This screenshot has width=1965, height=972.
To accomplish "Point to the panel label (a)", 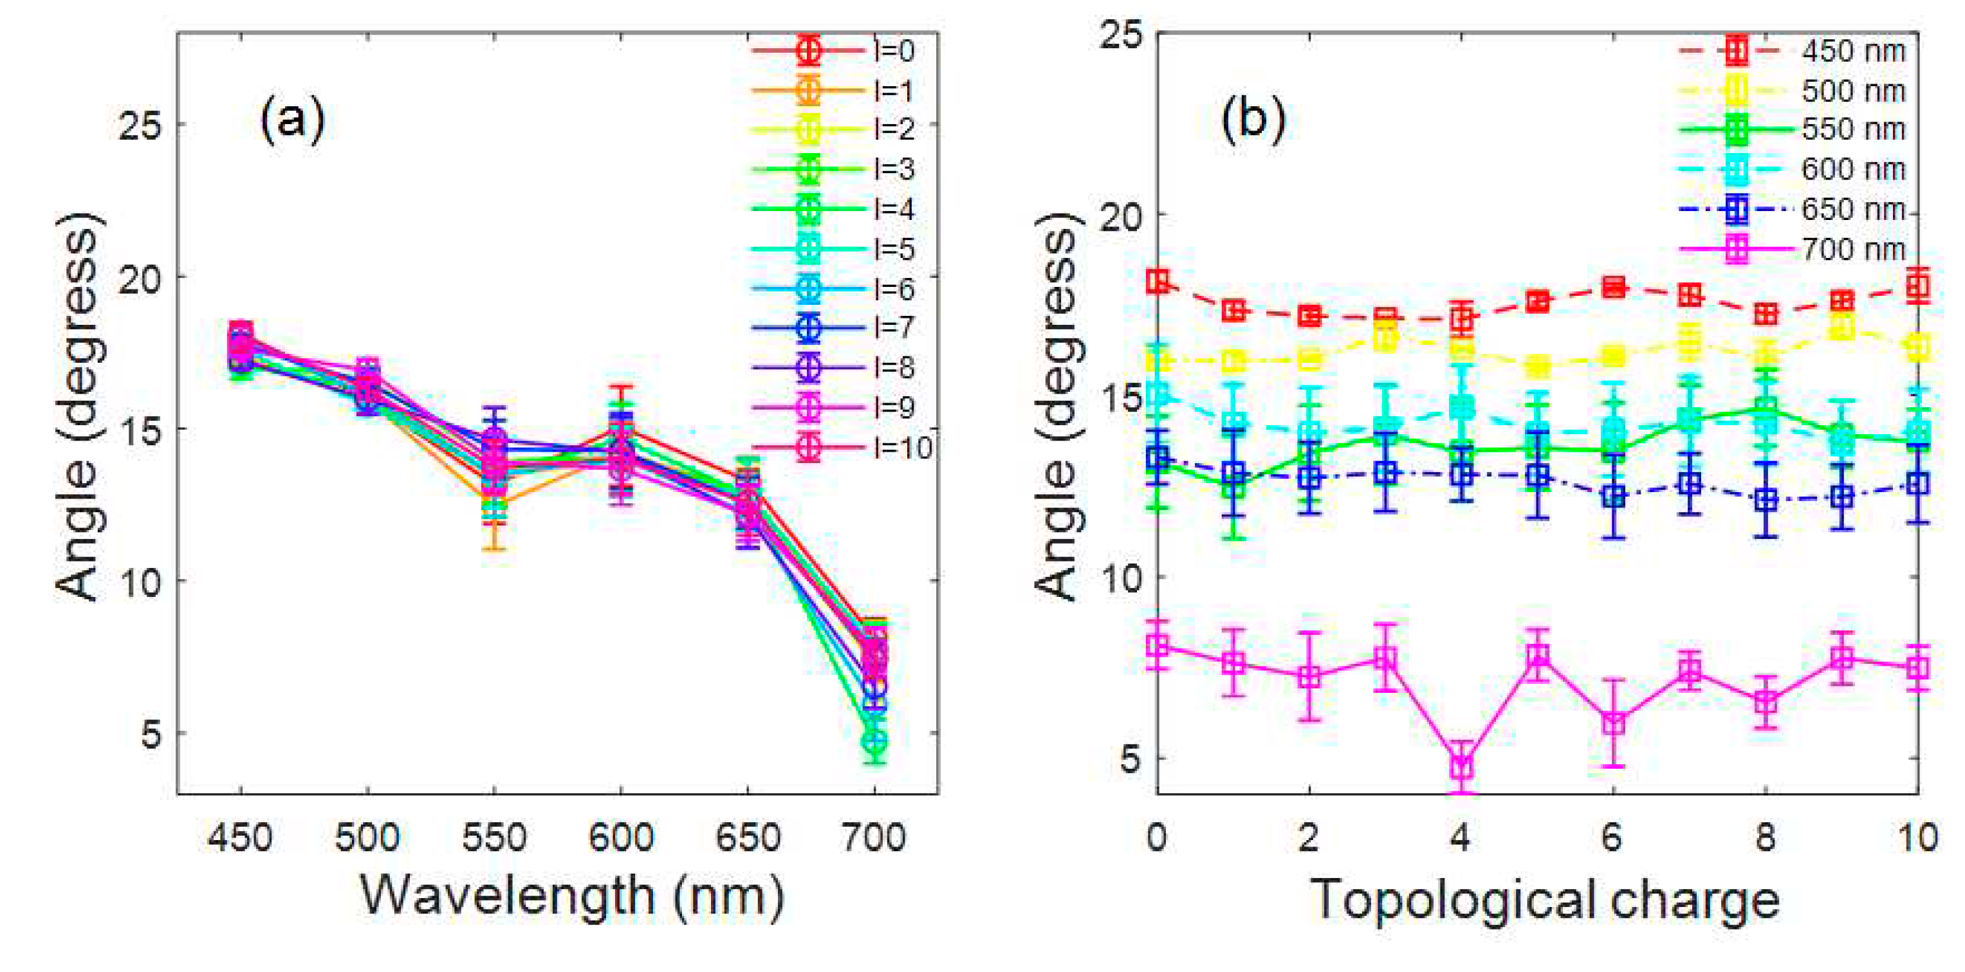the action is pos(292,120).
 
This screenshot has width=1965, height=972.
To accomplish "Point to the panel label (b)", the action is pos(1253,120).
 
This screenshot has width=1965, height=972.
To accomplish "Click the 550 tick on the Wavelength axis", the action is pos(494,838).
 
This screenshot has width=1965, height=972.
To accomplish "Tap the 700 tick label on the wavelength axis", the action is pos(873,838).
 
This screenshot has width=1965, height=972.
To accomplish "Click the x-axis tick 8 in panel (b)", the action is pos(1765,838).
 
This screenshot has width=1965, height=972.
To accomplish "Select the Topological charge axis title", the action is pos(1545,901).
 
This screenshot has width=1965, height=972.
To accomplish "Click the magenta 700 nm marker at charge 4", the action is pos(1461,766).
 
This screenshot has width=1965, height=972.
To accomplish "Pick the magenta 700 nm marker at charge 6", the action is pos(1612,722).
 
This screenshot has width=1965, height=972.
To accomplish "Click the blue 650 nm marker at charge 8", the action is pos(1765,500).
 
